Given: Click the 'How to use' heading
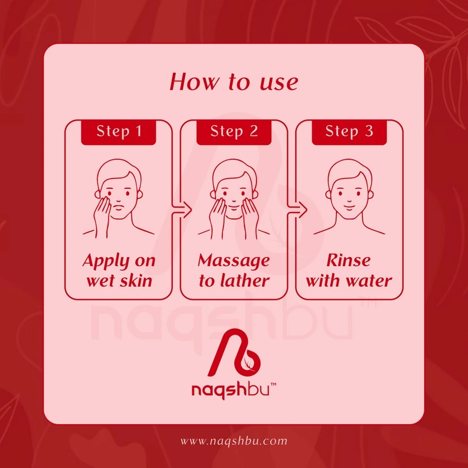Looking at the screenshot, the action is click(234, 81).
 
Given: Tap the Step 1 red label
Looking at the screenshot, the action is click(118, 132).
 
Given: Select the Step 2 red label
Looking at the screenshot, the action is click(234, 132).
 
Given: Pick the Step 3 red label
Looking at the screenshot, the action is click(349, 132).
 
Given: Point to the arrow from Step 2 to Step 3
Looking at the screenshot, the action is click(297, 210).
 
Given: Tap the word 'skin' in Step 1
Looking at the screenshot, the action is click(136, 280).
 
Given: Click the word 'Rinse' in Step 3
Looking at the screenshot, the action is click(349, 260).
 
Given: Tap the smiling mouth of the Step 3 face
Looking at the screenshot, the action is click(349, 206).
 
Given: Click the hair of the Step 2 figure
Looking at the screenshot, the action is click(234, 172).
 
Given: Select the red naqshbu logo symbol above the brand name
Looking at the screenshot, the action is click(234, 353).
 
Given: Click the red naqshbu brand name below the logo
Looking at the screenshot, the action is click(230, 390).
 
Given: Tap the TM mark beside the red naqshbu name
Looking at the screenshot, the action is click(273, 384).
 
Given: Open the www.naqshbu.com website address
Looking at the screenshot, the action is click(234, 441).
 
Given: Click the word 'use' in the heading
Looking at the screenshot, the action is click(279, 82).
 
